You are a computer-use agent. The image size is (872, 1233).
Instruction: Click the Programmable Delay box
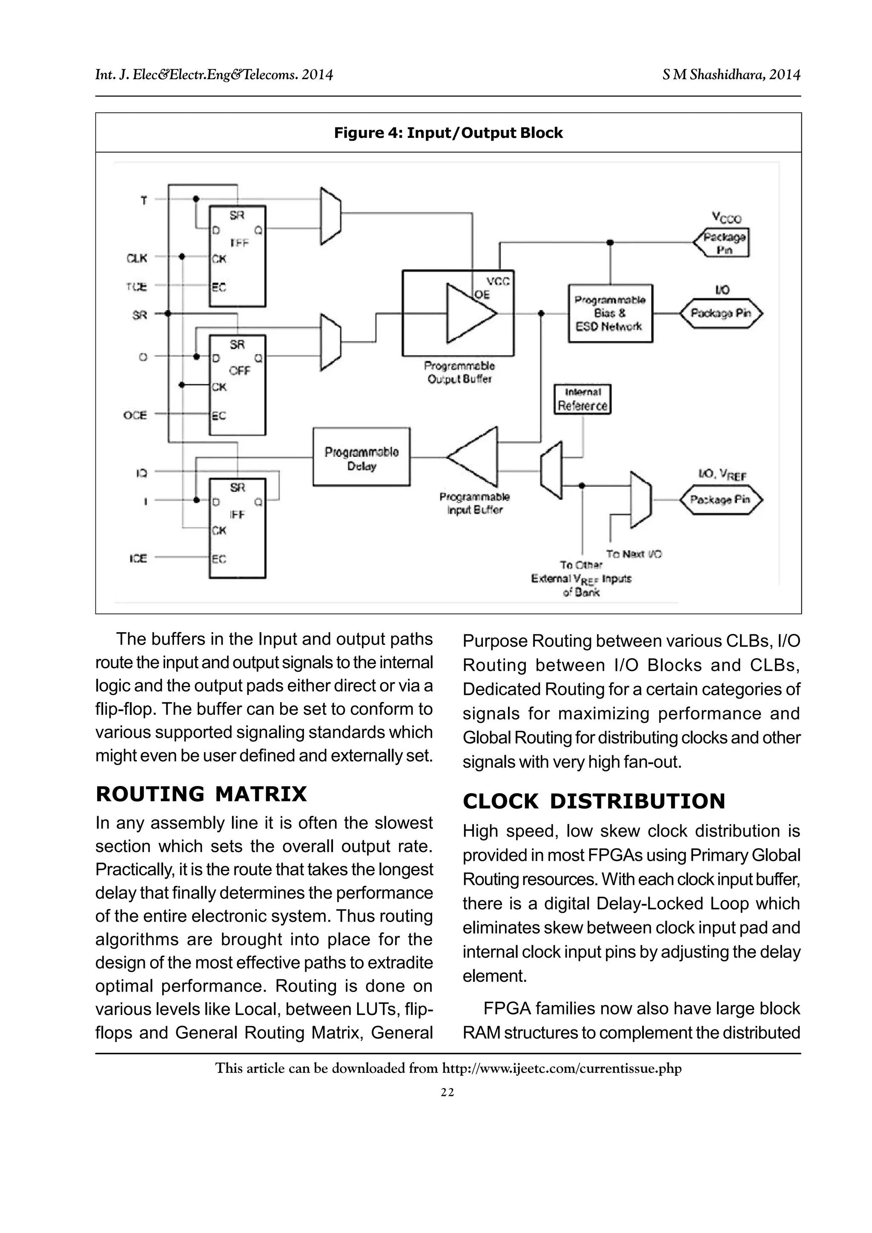(361, 457)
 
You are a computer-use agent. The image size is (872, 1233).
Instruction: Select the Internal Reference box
(582, 399)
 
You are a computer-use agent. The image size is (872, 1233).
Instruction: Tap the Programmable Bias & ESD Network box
(611, 314)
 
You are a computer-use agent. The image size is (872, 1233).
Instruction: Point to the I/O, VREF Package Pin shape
(720, 499)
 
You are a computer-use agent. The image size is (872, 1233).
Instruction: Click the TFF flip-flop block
(237, 256)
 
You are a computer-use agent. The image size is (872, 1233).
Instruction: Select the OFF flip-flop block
(237, 384)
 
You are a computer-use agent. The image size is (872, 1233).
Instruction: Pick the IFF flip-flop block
(237, 528)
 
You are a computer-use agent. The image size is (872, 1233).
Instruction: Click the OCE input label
(135, 415)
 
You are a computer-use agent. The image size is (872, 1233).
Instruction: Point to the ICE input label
(138, 559)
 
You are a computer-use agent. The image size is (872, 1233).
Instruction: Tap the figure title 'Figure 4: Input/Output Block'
(448, 133)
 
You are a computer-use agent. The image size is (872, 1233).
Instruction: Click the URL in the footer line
(561, 1068)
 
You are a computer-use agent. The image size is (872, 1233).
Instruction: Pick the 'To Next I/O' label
(634, 554)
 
